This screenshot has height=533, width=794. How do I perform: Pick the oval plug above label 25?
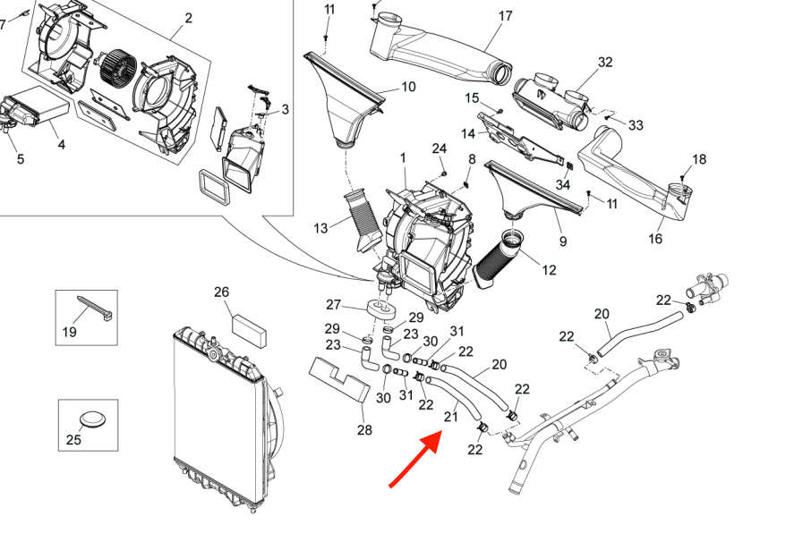(x=88, y=419)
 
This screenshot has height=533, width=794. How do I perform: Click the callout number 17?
(x=505, y=16)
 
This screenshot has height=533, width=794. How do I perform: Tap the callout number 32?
(x=605, y=62)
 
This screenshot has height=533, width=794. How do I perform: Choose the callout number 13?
(x=321, y=229)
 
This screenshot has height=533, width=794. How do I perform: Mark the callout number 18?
(x=698, y=159)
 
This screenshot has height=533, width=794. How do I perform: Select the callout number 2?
(x=188, y=18)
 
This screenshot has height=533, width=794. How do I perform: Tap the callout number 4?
(x=60, y=144)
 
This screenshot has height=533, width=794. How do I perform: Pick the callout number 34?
(x=562, y=184)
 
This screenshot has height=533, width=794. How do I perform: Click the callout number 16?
(x=656, y=239)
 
